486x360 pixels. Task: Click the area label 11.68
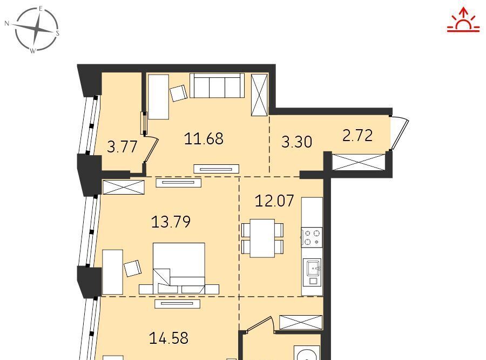[x=204, y=139]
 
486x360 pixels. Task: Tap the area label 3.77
[x=122, y=146]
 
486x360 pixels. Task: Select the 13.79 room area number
[x=171, y=222]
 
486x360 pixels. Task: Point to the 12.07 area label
[x=274, y=201]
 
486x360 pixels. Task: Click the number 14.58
[x=169, y=338]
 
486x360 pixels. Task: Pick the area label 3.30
[x=296, y=142]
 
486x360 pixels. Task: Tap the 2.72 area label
[x=357, y=136]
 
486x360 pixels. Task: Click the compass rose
[x=37, y=29]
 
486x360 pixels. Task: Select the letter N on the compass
[x=7, y=23]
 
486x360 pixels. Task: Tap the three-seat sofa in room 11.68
[x=217, y=85]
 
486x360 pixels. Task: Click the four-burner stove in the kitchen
[x=312, y=237]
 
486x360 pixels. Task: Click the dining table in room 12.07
[x=262, y=238]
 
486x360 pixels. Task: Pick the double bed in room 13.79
[x=179, y=268]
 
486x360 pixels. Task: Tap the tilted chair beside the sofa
[x=179, y=93]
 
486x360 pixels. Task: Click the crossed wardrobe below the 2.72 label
[x=359, y=162]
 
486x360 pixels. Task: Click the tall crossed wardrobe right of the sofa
[x=259, y=95]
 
